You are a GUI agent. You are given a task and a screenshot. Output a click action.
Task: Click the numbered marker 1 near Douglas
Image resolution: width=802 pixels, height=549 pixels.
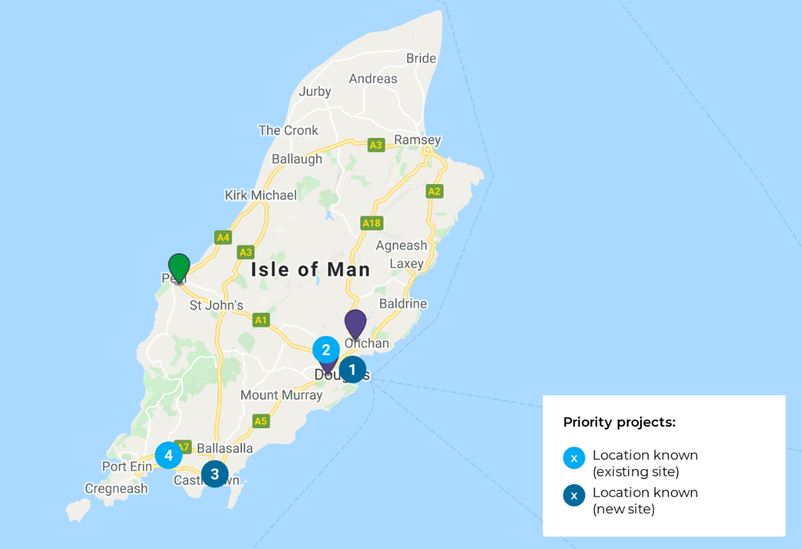352,370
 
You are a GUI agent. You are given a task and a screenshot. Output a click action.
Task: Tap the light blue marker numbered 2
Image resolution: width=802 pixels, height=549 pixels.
326,350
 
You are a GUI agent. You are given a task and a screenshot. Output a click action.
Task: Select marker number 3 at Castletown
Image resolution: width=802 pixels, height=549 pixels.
215,474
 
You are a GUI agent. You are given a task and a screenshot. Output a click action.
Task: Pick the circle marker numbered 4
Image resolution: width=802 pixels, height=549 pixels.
168,456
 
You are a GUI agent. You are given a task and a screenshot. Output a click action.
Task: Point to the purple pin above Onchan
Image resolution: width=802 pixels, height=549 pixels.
355,323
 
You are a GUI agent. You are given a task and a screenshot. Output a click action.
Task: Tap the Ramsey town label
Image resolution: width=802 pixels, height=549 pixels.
417,140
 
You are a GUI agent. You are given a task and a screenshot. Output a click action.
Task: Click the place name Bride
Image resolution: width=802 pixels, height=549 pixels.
421,58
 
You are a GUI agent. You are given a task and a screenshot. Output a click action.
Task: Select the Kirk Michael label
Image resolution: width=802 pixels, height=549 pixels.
260,195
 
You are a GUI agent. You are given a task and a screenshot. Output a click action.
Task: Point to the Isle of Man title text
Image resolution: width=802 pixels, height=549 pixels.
311,269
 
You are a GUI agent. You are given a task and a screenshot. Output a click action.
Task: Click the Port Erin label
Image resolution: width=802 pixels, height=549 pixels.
127,466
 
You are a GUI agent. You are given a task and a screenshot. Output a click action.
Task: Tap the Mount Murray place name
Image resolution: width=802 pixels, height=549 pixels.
281,395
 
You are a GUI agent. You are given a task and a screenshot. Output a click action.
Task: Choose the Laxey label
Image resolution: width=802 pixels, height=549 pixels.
407,264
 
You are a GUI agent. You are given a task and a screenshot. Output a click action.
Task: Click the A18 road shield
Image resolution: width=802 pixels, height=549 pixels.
371,223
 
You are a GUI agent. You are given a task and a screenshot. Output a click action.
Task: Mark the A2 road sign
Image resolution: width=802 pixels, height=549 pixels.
434,191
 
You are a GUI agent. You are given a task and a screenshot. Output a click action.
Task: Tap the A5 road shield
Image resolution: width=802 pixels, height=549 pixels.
261,421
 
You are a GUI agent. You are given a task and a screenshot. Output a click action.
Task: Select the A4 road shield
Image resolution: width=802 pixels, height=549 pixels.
223,238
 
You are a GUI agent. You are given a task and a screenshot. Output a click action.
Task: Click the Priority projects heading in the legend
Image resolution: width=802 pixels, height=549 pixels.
619,422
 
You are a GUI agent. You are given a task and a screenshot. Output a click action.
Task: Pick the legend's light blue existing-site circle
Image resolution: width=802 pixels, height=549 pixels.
574,458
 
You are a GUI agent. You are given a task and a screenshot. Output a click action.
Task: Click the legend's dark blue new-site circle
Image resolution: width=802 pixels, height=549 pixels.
574,495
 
